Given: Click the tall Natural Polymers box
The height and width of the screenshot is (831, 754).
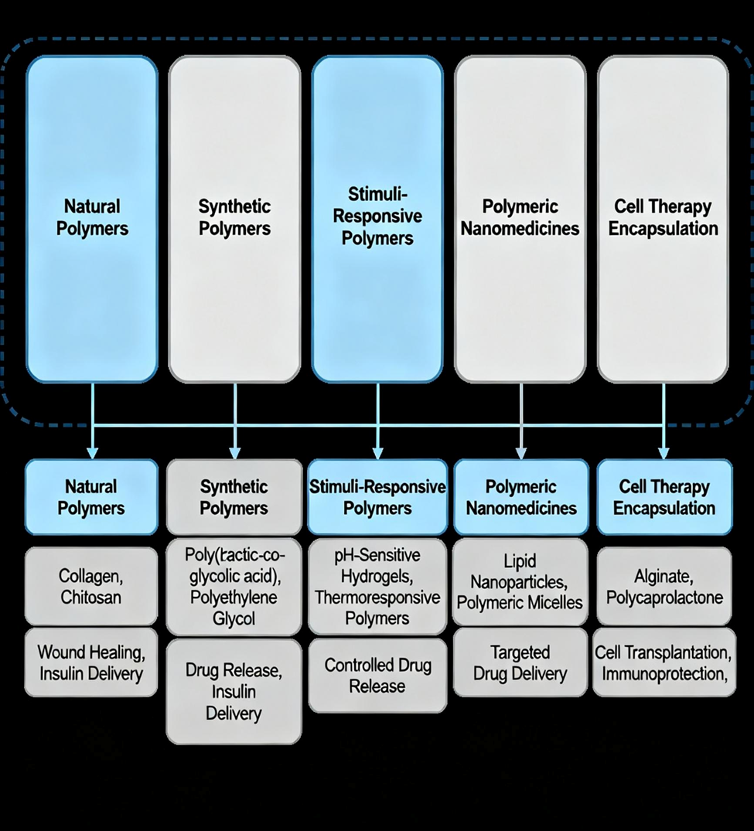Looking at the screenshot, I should [92, 219].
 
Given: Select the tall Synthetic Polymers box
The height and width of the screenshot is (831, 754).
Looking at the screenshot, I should [234, 219].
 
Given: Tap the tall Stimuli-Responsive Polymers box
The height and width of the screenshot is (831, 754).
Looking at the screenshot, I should [377, 219].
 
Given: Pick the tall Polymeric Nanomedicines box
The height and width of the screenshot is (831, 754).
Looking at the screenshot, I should [520, 219].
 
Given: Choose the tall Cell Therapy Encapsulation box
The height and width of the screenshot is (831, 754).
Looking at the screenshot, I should [663, 219].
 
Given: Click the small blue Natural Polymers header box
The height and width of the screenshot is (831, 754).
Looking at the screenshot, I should [91, 497].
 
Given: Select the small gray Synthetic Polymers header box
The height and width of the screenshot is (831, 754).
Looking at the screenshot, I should [234, 497].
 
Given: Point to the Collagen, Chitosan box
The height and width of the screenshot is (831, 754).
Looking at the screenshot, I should [91, 586].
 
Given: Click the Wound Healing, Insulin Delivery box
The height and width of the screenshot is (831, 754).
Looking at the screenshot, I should [91, 663].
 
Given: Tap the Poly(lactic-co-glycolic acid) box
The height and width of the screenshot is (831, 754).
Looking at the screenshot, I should [234, 587].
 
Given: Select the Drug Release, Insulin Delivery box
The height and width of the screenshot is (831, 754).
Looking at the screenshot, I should [234, 691].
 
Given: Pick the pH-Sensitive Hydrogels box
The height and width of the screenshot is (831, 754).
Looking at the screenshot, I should [377, 587].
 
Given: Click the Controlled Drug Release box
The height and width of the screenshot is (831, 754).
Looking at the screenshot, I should [377, 675].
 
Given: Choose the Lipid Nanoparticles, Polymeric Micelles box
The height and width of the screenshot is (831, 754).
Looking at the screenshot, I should [520, 581].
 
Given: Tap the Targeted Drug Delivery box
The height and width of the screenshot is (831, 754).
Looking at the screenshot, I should [520, 663].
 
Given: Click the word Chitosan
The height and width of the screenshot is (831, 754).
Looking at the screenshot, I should [91, 598].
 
